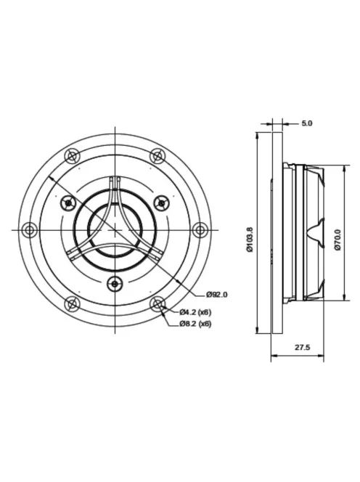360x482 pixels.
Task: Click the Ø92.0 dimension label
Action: pyautogui.click(x=217, y=294)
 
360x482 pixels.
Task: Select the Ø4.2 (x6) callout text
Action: pyautogui.click(x=196, y=312)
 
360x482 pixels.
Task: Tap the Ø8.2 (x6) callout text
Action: pyautogui.click(x=196, y=324)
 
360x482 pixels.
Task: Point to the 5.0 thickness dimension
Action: pyautogui.click(x=306, y=123)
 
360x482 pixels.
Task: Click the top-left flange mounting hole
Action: pyautogui.click(x=71, y=155)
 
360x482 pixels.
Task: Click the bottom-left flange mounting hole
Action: pyautogui.click(x=71, y=304)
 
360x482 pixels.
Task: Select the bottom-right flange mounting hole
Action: pyautogui.click(x=157, y=304)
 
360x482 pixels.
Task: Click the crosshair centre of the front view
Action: pyautogui.click(x=114, y=230)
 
